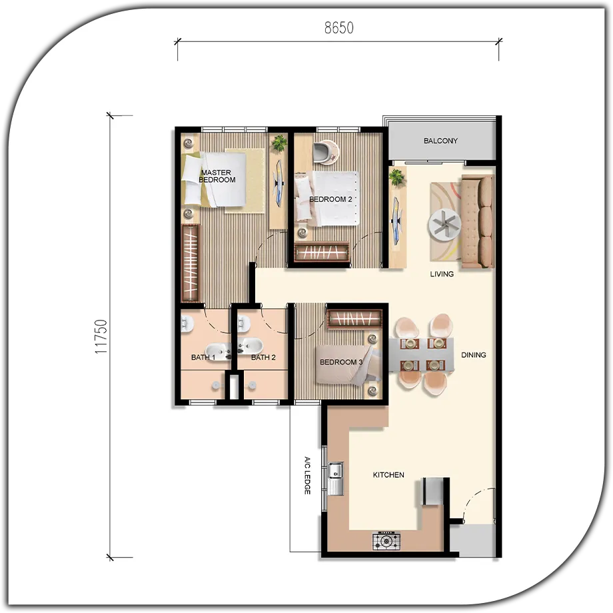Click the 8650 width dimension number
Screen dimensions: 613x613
tap(339, 28)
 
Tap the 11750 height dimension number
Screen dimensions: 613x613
tap(101, 336)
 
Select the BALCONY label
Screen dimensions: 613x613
tap(440, 141)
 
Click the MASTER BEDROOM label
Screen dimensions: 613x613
tap(217, 176)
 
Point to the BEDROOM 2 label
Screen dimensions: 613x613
tap(330, 199)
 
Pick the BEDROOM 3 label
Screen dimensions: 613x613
tap(341, 362)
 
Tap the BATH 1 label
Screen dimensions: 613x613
tap(203, 357)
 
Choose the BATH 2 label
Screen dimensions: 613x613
tap(263, 357)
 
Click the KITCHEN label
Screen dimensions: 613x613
tap(388, 475)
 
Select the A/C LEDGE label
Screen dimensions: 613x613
tap(307, 475)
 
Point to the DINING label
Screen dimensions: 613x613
tap(474, 355)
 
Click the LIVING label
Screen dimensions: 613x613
tap(442, 274)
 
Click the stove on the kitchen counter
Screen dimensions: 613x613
tap(386, 542)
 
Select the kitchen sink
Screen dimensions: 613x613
tap(335, 478)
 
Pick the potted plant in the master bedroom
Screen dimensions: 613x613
tap(279, 143)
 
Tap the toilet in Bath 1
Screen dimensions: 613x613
tap(187, 324)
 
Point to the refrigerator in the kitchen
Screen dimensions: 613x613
tap(433, 492)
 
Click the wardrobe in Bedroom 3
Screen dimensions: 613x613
tap(354, 319)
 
